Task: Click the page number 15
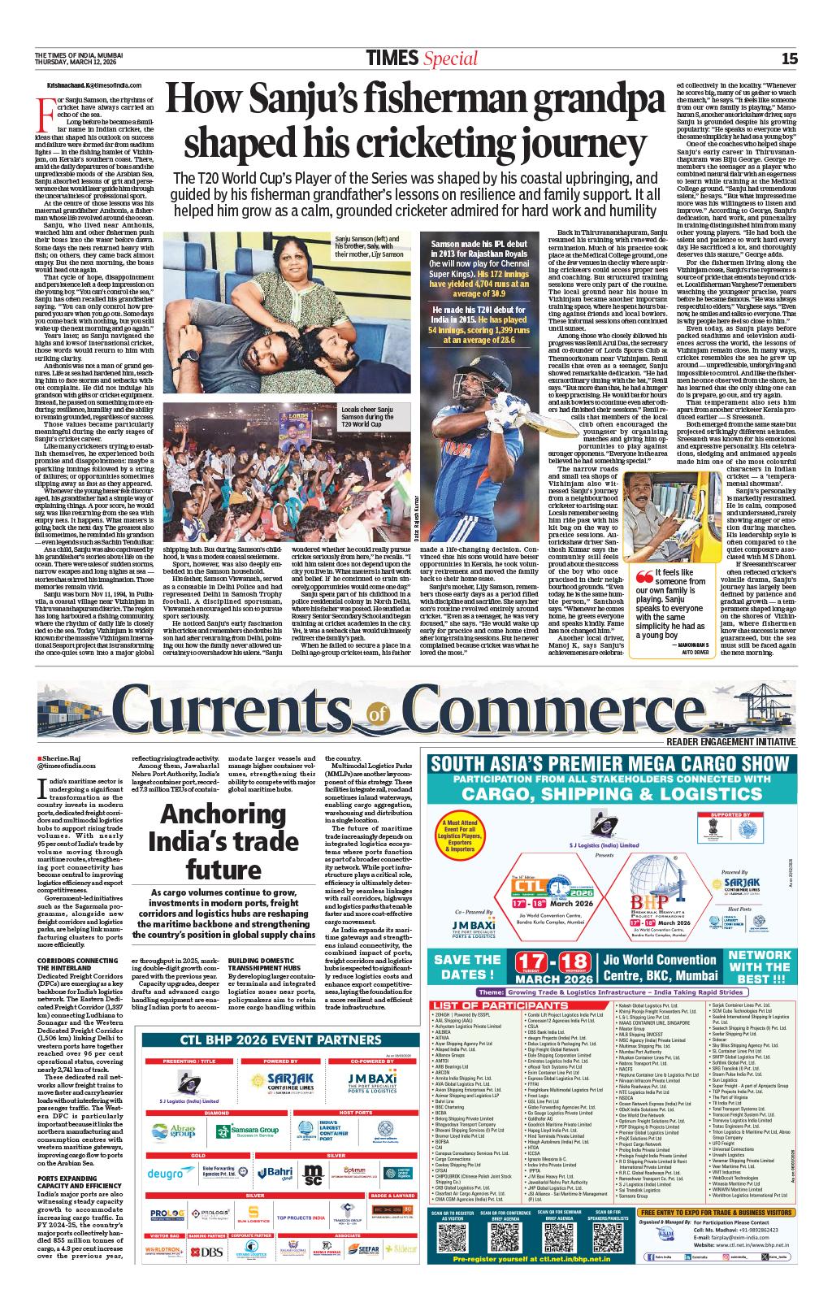(789, 58)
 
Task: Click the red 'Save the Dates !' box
(467, 967)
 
